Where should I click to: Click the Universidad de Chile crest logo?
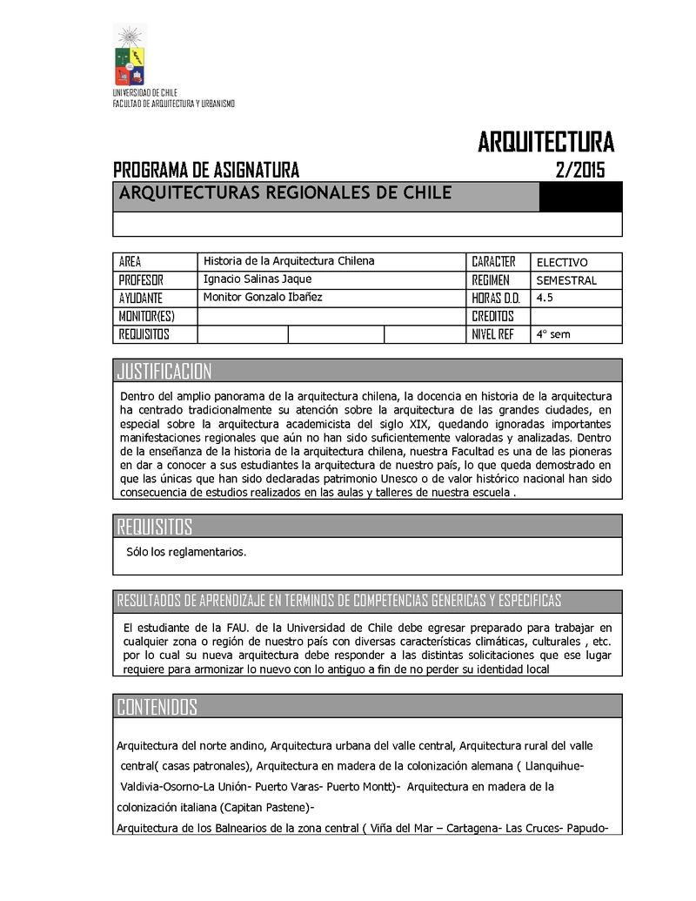click(130, 56)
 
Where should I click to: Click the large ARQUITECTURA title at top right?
click(545, 142)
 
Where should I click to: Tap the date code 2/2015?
click(579, 170)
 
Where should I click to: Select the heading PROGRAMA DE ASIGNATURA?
click(206, 170)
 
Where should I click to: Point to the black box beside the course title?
click(580, 198)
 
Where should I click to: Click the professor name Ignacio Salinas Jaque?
click(257, 279)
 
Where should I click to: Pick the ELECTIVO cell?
click(562, 262)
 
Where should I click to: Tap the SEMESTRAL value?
click(566, 280)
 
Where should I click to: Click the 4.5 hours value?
click(545, 298)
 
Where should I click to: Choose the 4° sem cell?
click(553, 334)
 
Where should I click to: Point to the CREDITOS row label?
click(492, 316)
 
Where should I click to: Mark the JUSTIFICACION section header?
click(164, 372)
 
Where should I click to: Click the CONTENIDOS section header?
click(157, 707)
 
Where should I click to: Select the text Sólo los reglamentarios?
click(186, 552)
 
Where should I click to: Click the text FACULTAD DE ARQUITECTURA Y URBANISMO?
click(174, 104)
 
